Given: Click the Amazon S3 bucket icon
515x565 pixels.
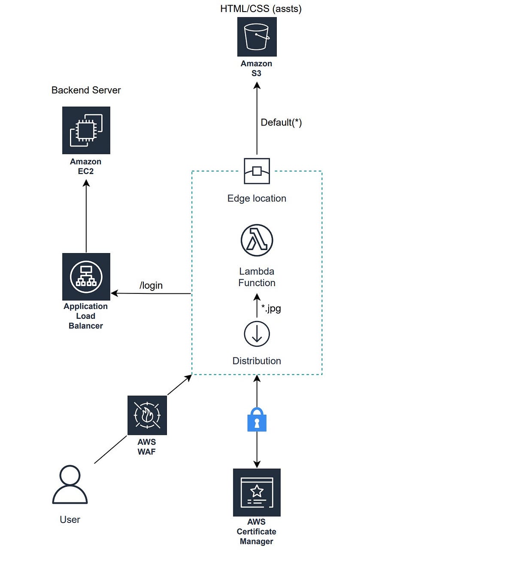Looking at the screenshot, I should [257, 37].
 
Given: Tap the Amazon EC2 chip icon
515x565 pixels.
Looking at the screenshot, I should [86, 130].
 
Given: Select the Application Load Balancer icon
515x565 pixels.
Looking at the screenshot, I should [86, 277].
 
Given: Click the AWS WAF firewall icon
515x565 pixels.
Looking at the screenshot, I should [147, 415].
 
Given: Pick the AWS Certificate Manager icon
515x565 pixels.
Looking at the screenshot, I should [257, 492].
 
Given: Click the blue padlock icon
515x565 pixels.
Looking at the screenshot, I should [257, 420].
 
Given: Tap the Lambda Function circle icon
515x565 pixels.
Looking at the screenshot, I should [257, 240].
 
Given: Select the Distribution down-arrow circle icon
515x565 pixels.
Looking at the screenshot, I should [257, 334].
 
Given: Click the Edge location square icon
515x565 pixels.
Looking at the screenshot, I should [257, 171].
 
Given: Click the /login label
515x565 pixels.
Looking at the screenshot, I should [151, 285].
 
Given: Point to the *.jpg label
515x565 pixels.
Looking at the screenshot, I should [271, 308].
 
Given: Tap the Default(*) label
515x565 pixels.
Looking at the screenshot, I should [281, 122].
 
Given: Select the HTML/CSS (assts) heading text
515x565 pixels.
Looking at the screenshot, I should [261, 9].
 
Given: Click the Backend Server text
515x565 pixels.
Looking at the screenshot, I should [86, 90].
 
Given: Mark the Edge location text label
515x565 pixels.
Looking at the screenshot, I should [257, 199].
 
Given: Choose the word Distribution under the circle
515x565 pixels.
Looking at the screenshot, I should [257, 361].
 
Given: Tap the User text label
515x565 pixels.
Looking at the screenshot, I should [70, 519].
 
